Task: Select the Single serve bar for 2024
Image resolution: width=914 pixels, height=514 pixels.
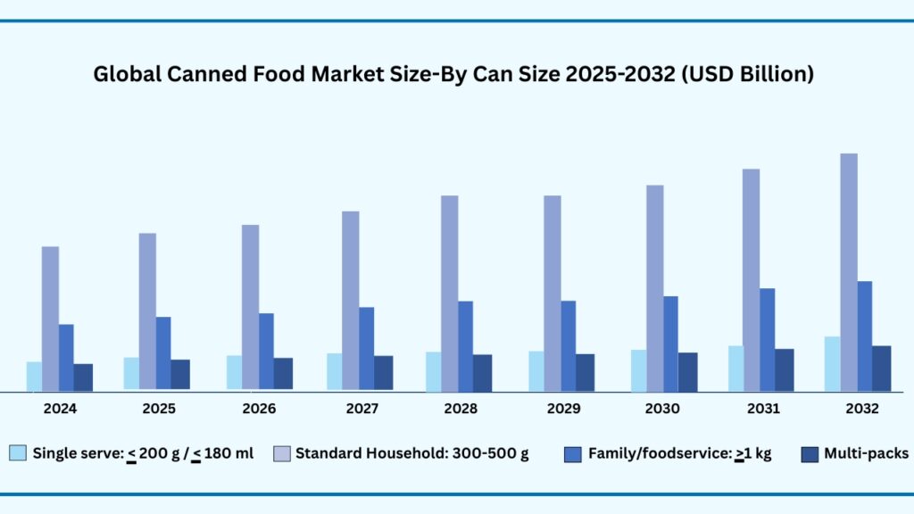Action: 34,376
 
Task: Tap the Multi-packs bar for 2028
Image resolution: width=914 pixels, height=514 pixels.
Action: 482,372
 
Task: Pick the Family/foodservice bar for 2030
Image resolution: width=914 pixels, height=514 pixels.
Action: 669,344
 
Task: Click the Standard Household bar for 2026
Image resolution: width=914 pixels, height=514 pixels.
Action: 251,307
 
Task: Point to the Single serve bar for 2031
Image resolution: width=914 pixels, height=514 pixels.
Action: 735,368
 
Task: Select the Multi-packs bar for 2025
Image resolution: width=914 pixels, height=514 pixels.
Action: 180,374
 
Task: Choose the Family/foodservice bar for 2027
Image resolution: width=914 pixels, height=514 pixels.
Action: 366,348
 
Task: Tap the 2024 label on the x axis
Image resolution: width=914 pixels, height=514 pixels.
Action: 60,409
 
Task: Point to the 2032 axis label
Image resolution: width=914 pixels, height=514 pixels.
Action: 861,409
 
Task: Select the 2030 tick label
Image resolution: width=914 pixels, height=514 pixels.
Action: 661,409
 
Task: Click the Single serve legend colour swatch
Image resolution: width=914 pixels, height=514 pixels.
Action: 18,453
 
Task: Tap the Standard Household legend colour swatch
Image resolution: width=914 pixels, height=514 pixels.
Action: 280,453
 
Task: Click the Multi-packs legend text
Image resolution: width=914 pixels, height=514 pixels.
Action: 866,453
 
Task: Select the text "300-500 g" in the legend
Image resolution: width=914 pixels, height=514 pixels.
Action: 490,453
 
